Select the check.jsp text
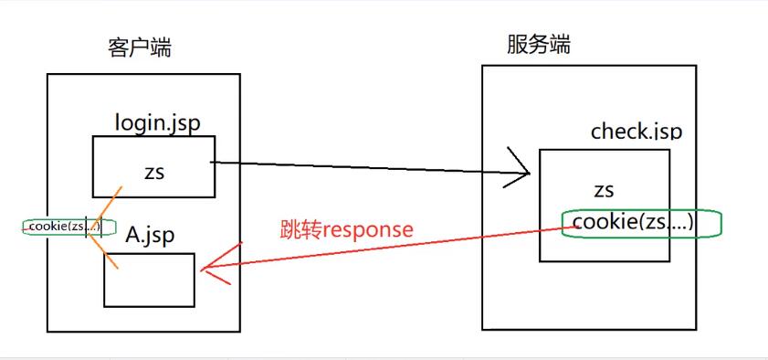[x=636, y=132]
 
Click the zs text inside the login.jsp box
[x=153, y=171]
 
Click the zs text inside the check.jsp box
[x=604, y=191]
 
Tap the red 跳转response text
[x=346, y=229]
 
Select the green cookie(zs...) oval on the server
[x=642, y=224]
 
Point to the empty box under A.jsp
[x=149, y=280]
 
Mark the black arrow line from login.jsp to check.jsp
[x=365, y=167]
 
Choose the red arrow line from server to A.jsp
[x=384, y=249]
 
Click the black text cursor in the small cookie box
[x=87, y=227]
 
